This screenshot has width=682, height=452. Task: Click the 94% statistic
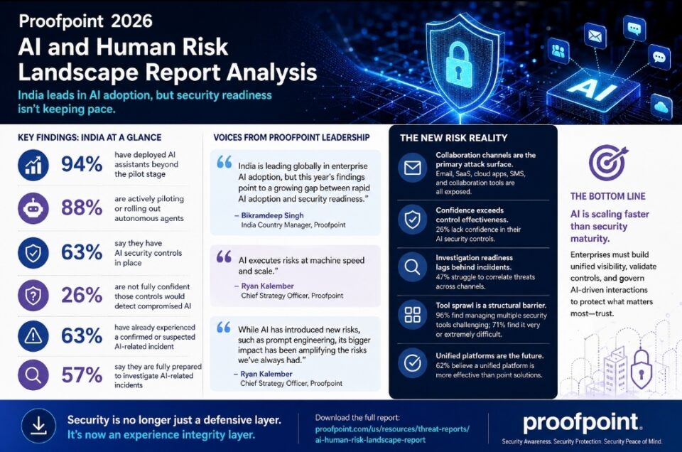(81, 164)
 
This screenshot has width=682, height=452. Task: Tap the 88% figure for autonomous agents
(81, 208)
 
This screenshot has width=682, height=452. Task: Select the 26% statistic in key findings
(81, 296)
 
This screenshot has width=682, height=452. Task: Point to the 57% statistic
(81, 375)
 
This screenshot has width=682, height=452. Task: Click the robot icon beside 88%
(33, 208)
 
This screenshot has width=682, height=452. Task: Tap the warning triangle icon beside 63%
(33, 336)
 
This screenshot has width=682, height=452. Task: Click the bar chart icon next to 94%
(33, 166)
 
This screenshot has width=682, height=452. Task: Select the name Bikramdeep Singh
(272, 215)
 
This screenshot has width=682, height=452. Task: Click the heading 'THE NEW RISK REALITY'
(454, 138)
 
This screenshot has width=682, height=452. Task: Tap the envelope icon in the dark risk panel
(412, 168)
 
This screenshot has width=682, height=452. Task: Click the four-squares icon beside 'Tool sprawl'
(412, 314)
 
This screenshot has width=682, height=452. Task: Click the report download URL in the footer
(392, 434)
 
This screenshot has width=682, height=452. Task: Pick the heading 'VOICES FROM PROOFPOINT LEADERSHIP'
(291, 137)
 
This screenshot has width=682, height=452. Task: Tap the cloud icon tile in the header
(661, 106)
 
